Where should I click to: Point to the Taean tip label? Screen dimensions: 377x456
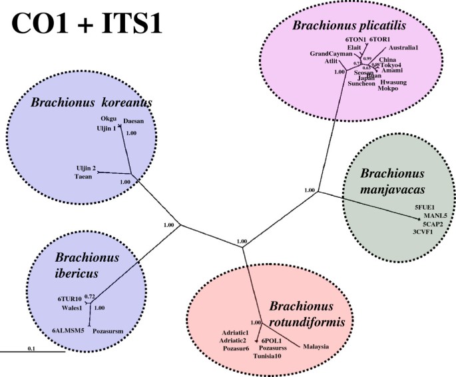click(x=83, y=177)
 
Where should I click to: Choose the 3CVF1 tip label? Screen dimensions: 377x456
click(x=423, y=232)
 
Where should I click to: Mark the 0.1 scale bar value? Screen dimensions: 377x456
click(x=32, y=348)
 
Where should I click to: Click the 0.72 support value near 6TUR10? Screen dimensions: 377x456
click(x=91, y=296)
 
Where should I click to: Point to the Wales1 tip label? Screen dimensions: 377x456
click(x=72, y=308)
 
